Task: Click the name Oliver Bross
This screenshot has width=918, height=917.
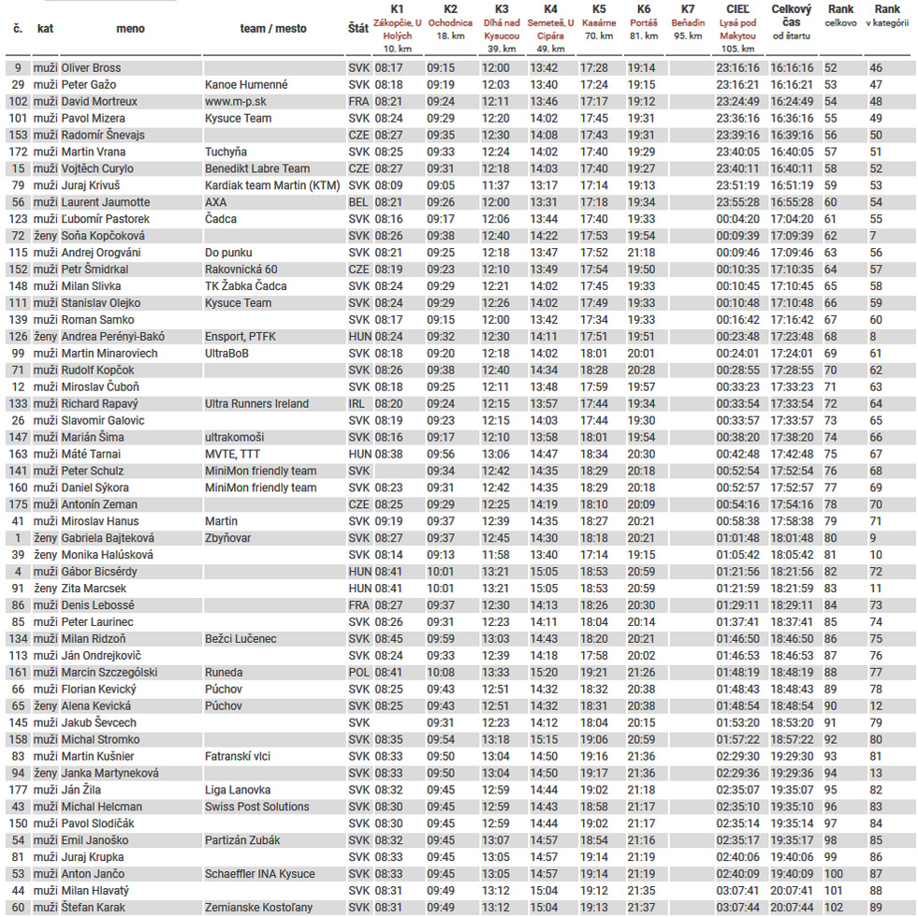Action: click(91, 68)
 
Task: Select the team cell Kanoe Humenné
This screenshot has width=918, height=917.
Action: click(246, 85)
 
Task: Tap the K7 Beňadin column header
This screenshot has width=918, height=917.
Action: click(688, 29)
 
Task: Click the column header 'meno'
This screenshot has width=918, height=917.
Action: click(130, 29)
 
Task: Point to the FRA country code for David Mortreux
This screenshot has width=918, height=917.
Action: click(358, 102)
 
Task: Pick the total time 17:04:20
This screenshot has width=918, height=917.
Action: click(791, 219)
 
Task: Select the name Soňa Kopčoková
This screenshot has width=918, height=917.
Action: click(104, 236)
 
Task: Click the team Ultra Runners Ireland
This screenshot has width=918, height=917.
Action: click(256, 404)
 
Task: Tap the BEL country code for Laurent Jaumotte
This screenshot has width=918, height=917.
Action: click(358, 202)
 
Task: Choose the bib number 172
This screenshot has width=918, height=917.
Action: click(18, 153)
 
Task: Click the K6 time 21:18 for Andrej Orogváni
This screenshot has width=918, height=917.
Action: click(641, 253)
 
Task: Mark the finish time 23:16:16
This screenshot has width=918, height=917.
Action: click(737, 68)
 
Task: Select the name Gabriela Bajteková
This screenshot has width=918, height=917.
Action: click(108, 538)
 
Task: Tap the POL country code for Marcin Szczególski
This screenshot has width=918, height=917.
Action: click(358, 673)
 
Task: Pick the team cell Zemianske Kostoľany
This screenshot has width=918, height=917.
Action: click(258, 908)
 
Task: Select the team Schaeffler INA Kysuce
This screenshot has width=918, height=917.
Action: click(259, 874)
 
